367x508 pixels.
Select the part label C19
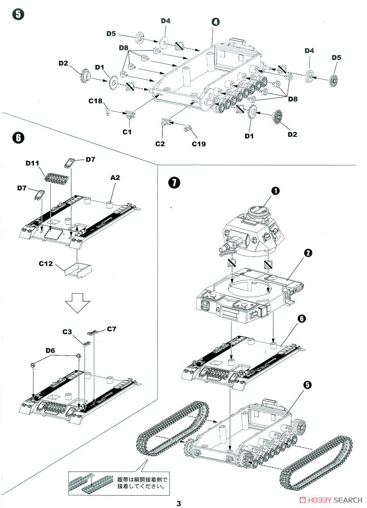pyautogui.click(x=199, y=144)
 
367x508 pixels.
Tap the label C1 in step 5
pyautogui.click(x=127, y=132)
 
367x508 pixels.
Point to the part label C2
pyautogui.click(x=159, y=144)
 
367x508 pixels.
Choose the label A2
pyautogui.click(x=115, y=178)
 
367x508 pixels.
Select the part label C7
pyautogui.click(x=112, y=329)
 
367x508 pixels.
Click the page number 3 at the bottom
pyautogui.click(x=179, y=503)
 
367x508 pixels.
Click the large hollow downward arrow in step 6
pyautogui.click(x=77, y=302)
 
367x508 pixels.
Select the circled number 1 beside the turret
pyautogui.click(x=275, y=191)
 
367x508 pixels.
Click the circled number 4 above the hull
pyautogui.click(x=216, y=22)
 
